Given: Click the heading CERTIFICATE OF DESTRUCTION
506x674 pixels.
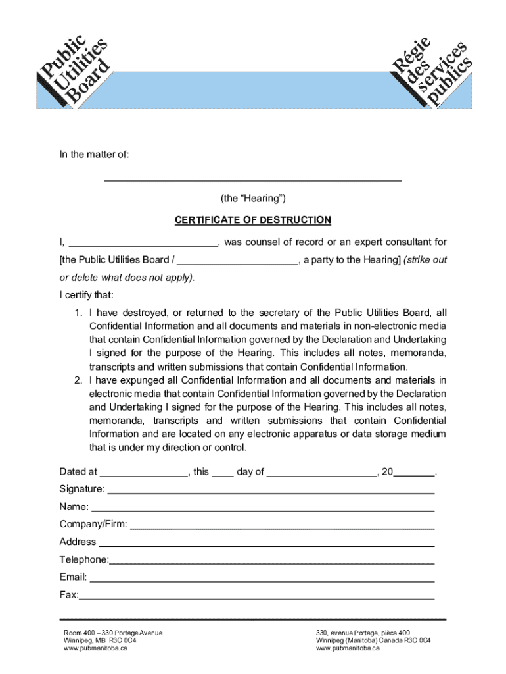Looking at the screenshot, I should pyautogui.click(x=253, y=220).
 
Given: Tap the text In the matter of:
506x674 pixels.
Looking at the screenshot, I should pyautogui.click(x=95, y=155).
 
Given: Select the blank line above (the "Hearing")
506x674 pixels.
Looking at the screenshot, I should pyautogui.click(x=253, y=178).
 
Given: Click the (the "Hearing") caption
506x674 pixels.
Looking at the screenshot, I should pyautogui.click(x=253, y=198).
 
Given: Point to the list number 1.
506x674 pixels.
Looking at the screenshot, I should pyautogui.click(x=78, y=313).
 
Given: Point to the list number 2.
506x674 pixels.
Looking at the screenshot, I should pyautogui.click(x=78, y=380).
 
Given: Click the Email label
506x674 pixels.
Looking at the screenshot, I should pyautogui.click(x=73, y=577).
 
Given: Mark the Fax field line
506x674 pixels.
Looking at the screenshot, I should pyautogui.click(x=256, y=598).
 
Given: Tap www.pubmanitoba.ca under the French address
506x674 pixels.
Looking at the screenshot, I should pyautogui.click(x=348, y=648).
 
